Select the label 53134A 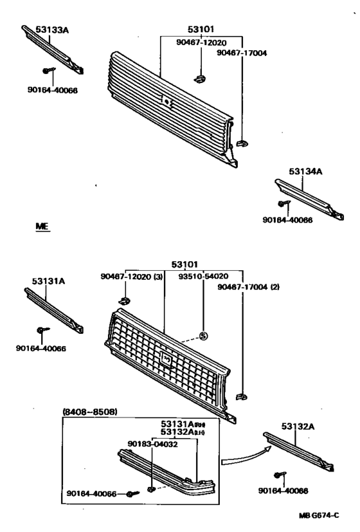[x=305, y=171]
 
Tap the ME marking [x=42, y=227]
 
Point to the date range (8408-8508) [x=89, y=412]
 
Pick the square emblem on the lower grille [x=165, y=359]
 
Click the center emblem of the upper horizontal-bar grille [x=166, y=101]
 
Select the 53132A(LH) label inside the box [x=183, y=432]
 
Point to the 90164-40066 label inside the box [x=92, y=493]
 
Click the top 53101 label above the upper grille [x=201, y=29]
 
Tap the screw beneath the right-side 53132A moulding [x=280, y=476]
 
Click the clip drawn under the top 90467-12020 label [x=199, y=78]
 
